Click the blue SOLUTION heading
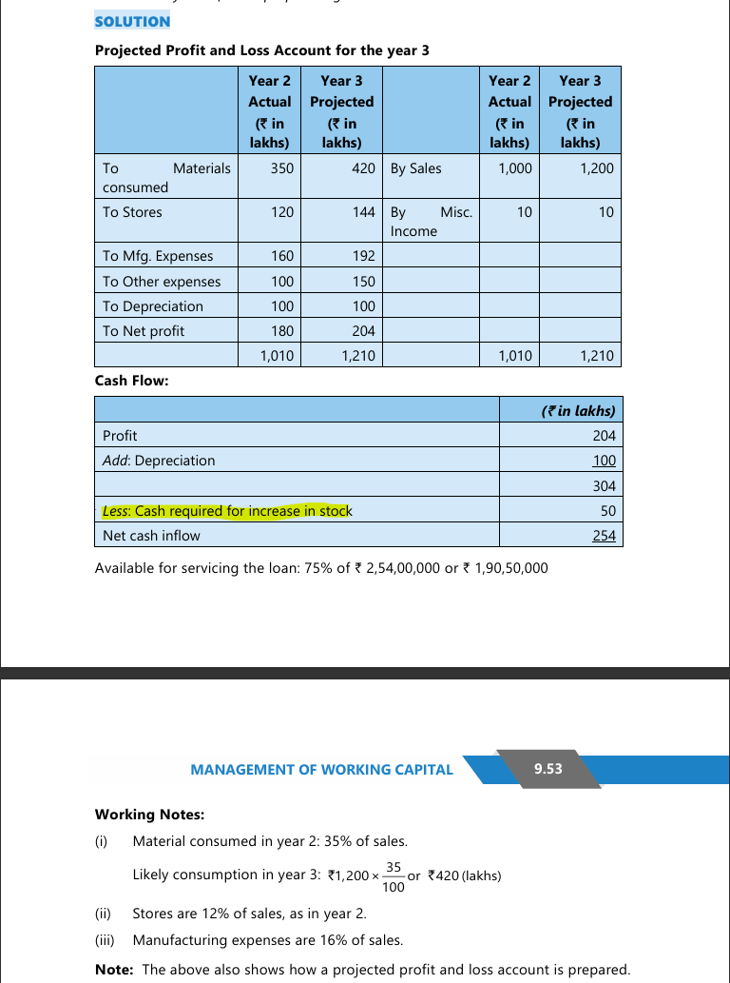132,21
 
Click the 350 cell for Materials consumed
282,168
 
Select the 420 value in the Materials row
361,168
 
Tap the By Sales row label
415,168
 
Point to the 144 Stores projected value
363,212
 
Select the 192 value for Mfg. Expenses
363,256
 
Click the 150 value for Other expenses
363,282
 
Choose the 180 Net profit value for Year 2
282,331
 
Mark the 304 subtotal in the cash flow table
604,485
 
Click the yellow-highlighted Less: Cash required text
226,511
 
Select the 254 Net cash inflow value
604,536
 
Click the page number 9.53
548,769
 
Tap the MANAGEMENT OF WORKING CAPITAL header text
321,770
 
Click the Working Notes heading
149,815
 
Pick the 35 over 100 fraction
393,876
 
